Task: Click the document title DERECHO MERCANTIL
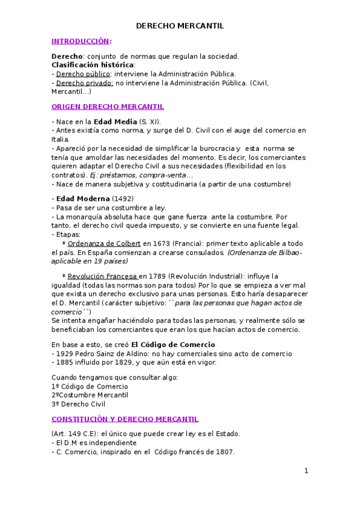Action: click(180, 26)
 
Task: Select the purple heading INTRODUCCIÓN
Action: click(81, 41)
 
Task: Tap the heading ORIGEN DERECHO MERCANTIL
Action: click(108, 106)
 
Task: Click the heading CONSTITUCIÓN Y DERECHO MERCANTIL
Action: click(125, 419)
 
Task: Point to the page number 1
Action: click(306, 471)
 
